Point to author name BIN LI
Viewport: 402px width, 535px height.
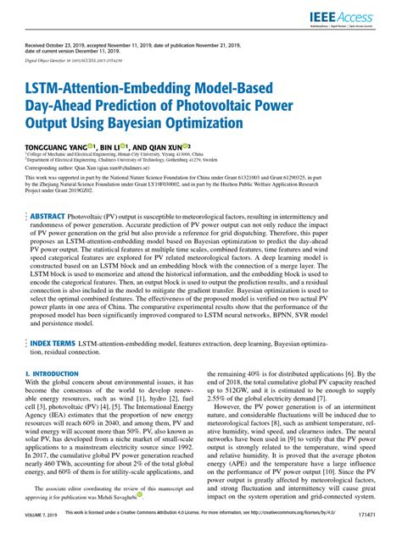(106, 146)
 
